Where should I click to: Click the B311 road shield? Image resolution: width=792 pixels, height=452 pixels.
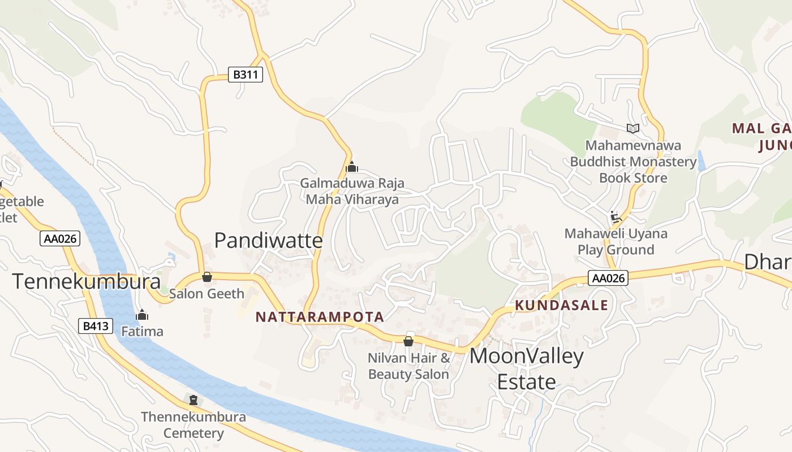click(246, 75)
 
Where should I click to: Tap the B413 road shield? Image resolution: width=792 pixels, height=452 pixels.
click(95, 325)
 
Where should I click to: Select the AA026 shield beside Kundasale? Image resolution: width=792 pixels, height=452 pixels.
click(608, 278)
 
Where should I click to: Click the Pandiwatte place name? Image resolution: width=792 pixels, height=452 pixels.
click(268, 241)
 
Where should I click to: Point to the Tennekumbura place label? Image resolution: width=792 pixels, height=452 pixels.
click(79, 281)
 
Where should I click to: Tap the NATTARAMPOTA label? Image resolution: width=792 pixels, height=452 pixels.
click(320, 317)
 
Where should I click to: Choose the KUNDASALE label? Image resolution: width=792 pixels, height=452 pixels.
click(561, 306)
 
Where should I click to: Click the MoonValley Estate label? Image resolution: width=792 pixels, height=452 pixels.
click(526, 369)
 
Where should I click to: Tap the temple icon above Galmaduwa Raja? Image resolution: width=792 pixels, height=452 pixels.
click(352, 167)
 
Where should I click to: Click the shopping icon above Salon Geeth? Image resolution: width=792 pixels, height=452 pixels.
click(207, 277)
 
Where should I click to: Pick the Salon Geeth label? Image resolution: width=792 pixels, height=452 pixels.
click(207, 294)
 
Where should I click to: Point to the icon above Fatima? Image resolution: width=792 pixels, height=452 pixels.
click(142, 315)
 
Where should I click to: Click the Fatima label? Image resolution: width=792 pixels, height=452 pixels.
click(142, 331)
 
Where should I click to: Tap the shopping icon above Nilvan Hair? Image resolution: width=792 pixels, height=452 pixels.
click(408, 341)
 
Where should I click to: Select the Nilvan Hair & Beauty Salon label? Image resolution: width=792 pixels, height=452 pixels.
click(408, 366)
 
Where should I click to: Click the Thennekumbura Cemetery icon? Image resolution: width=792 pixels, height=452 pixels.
click(193, 400)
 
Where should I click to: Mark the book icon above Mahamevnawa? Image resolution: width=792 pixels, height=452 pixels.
click(633, 128)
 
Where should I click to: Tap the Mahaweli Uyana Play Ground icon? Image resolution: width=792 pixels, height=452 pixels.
click(615, 217)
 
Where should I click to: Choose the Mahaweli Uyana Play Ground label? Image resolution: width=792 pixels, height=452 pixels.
click(615, 241)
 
